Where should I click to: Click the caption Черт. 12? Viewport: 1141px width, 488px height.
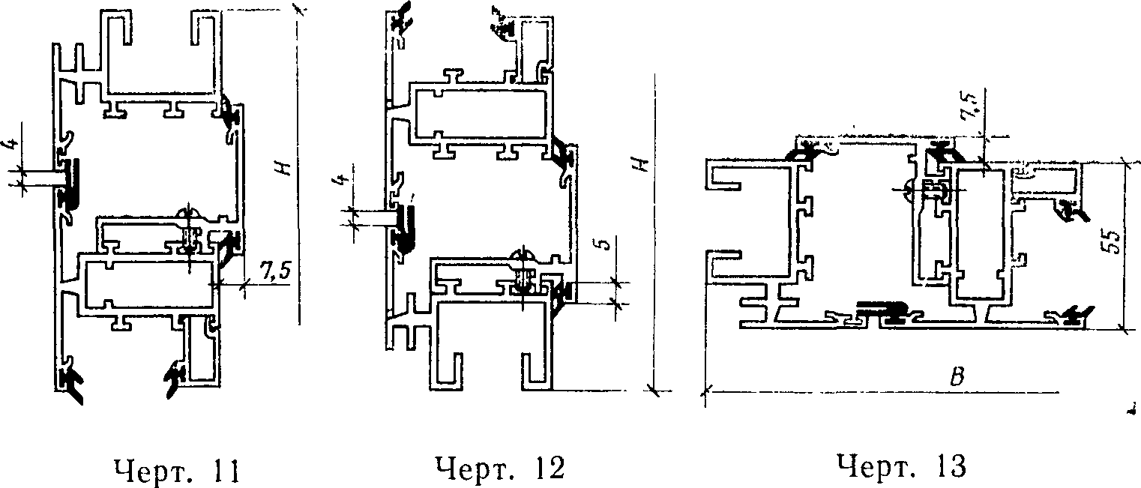click(499, 470)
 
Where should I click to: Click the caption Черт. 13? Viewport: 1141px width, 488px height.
click(902, 467)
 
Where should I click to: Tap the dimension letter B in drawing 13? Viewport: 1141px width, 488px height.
click(955, 379)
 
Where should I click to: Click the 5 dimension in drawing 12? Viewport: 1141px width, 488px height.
click(608, 246)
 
